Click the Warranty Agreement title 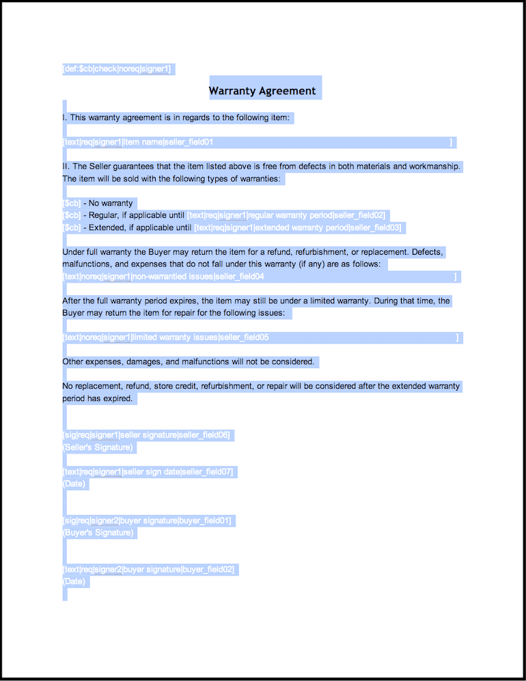click(262, 91)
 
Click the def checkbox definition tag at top click(117, 69)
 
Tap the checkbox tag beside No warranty click(72, 204)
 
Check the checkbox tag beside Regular click(72, 215)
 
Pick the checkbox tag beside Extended click(72, 227)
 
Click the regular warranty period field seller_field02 click(287, 215)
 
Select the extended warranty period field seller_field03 click(298, 227)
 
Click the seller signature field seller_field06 click(146, 435)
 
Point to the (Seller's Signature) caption click(98, 447)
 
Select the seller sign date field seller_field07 click(148, 472)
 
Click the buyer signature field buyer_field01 click(147, 520)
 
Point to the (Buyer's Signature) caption click(98, 533)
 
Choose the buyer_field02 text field click(148, 569)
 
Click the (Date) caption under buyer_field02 click(74, 581)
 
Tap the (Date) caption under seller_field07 click(74, 484)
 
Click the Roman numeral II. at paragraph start click(66, 166)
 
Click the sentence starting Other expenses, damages click(189, 361)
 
